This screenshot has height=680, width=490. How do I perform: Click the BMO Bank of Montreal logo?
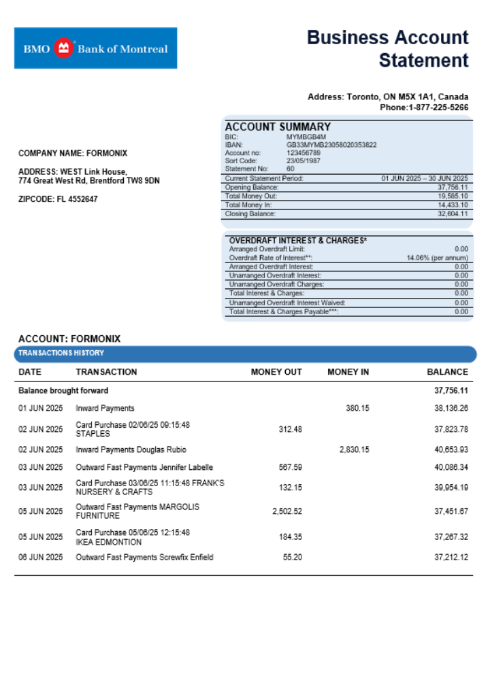95,48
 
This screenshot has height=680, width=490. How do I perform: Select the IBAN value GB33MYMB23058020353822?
331,145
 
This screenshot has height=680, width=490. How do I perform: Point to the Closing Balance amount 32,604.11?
453,214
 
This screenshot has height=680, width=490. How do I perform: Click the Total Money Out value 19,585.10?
453,196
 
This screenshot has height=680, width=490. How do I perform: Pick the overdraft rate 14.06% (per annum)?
438,258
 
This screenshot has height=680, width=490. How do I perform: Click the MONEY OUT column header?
276,372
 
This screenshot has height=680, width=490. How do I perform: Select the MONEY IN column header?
348,372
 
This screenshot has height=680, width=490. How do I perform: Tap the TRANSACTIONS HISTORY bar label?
61,353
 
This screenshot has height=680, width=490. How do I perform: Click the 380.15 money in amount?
357,409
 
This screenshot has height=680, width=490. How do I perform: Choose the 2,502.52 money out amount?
287,511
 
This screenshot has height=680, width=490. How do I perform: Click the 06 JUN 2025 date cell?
40,558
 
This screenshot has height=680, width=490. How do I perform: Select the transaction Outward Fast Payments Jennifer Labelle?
144,467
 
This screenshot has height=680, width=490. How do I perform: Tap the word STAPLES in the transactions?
93,433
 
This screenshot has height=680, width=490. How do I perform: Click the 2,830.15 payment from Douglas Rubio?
354,449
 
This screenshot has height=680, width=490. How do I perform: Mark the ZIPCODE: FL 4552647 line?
58,199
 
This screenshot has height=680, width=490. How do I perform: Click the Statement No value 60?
291,168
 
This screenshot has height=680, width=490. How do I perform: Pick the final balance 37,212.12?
451,558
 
